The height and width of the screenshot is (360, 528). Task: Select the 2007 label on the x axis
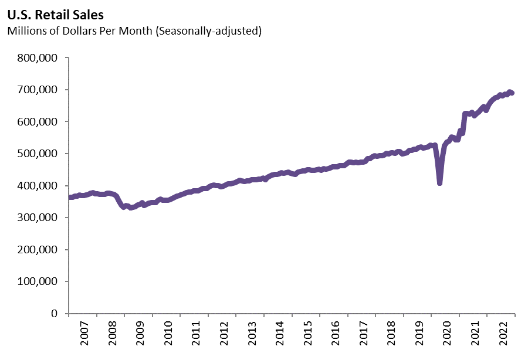pyautogui.click(x=84, y=335)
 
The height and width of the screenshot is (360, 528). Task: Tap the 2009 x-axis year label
pyautogui.click(x=140, y=335)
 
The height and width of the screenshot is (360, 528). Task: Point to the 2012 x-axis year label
pyautogui.click(x=224, y=335)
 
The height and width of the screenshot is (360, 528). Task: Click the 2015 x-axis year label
pyautogui.click(x=307, y=335)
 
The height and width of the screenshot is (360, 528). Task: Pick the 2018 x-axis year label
pyautogui.click(x=391, y=335)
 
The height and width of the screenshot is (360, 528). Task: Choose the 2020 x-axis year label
pyautogui.click(x=447, y=335)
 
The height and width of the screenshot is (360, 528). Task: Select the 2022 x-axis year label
pyautogui.click(x=503, y=335)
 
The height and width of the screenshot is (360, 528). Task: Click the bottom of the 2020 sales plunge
pyautogui.click(x=439, y=183)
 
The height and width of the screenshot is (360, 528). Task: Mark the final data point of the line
pyautogui.click(x=512, y=93)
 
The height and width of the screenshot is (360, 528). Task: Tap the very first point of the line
pyautogui.click(x=70, y=197)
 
